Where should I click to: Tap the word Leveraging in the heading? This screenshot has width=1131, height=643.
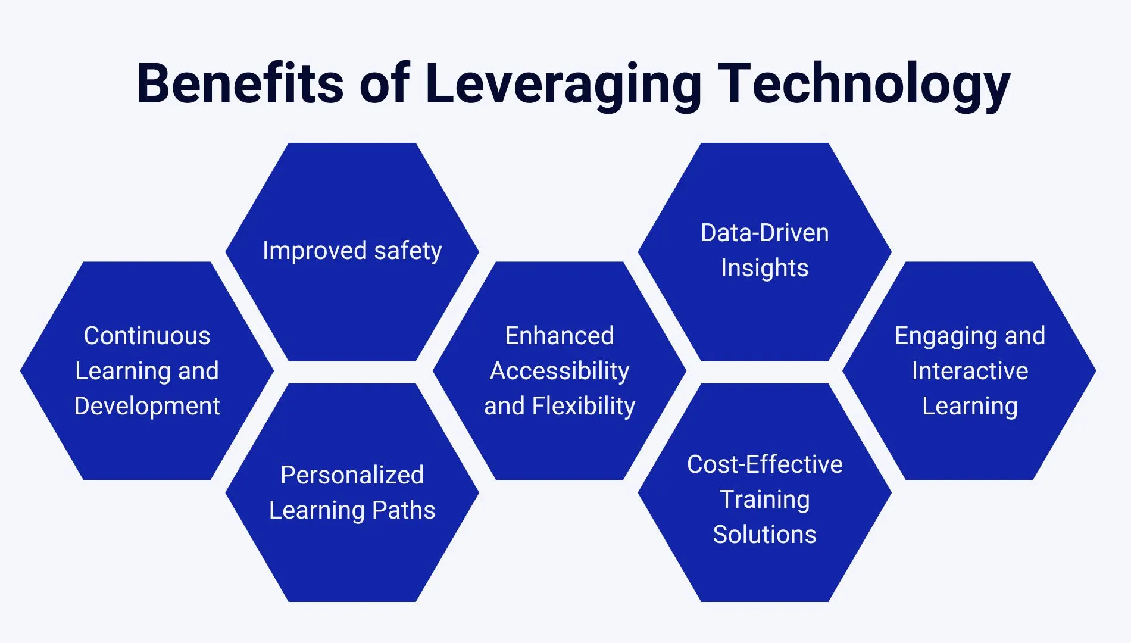[x=563, y=85]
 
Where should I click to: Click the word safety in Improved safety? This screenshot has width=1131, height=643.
[x=408, y=251]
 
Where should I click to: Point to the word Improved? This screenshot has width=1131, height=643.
[x=314, y=251]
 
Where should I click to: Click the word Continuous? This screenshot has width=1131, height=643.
[x=147, y=336]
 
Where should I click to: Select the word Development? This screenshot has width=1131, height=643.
[x=147, y=406]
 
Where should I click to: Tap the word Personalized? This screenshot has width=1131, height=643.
[x=352, y=475]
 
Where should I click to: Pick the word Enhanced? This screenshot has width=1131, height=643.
[x=559, y=336]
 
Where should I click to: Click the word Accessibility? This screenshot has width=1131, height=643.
[x=559, y=371]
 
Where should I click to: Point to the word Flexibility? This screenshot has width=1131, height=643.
[x=583, y=406]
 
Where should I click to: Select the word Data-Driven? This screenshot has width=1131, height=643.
[x=764, y=233]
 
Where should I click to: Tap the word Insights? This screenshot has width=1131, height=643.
[x=764, y=268]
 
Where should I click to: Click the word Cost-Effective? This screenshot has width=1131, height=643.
[x=764, y=464]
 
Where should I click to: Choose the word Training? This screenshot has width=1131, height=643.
[x=764, y=500]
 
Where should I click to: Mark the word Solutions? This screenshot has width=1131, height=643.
[x=764, y=535]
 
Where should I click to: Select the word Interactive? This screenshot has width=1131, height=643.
[x=970, y=371]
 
